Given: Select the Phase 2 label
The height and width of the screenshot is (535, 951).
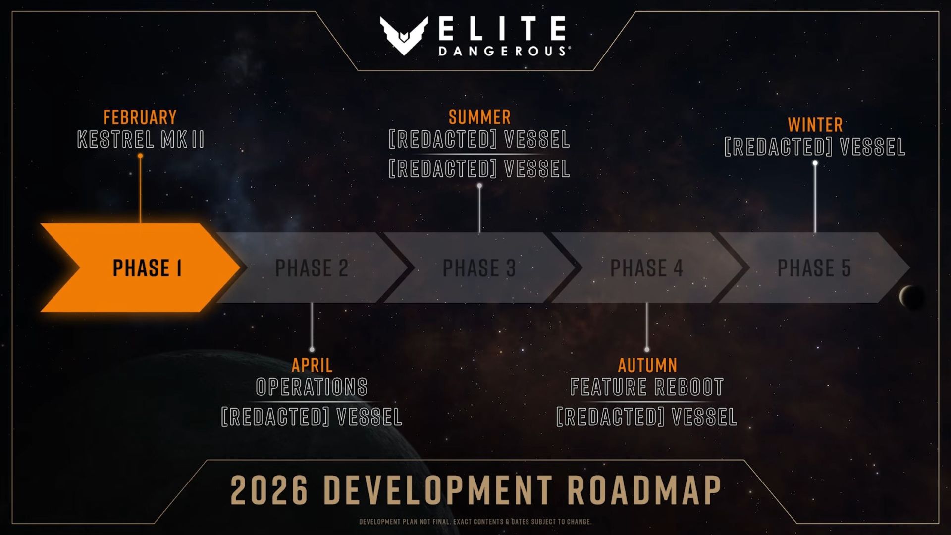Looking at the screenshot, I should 312,268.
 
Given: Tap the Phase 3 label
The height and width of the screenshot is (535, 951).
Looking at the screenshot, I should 479,268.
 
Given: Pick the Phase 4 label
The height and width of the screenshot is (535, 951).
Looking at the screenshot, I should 646,268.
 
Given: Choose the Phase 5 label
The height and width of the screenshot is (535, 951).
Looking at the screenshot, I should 814,268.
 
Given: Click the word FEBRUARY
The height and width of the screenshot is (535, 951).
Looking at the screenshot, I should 140,117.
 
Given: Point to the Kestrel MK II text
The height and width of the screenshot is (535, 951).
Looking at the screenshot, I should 141,140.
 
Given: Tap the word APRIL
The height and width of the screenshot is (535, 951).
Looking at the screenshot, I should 312,365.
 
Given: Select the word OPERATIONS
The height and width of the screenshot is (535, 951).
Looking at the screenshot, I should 312,387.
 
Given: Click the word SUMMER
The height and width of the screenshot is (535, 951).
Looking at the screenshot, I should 479,117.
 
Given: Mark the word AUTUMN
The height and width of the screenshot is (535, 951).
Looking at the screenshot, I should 647,365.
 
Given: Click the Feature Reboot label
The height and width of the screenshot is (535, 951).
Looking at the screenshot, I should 647,387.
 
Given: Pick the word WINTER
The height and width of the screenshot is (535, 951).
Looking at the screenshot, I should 815,125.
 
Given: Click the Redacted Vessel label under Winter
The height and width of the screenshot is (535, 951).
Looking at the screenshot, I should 815,147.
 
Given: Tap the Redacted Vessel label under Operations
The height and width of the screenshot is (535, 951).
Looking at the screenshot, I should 312,417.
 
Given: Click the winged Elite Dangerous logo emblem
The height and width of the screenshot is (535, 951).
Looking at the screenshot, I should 404,35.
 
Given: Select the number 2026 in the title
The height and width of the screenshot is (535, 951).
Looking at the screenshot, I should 269,490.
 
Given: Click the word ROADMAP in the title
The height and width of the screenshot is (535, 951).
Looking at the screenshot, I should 644,490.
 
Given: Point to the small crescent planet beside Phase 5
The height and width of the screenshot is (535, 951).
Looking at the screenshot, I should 910,297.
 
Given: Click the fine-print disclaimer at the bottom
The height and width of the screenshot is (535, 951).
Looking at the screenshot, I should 475,522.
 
